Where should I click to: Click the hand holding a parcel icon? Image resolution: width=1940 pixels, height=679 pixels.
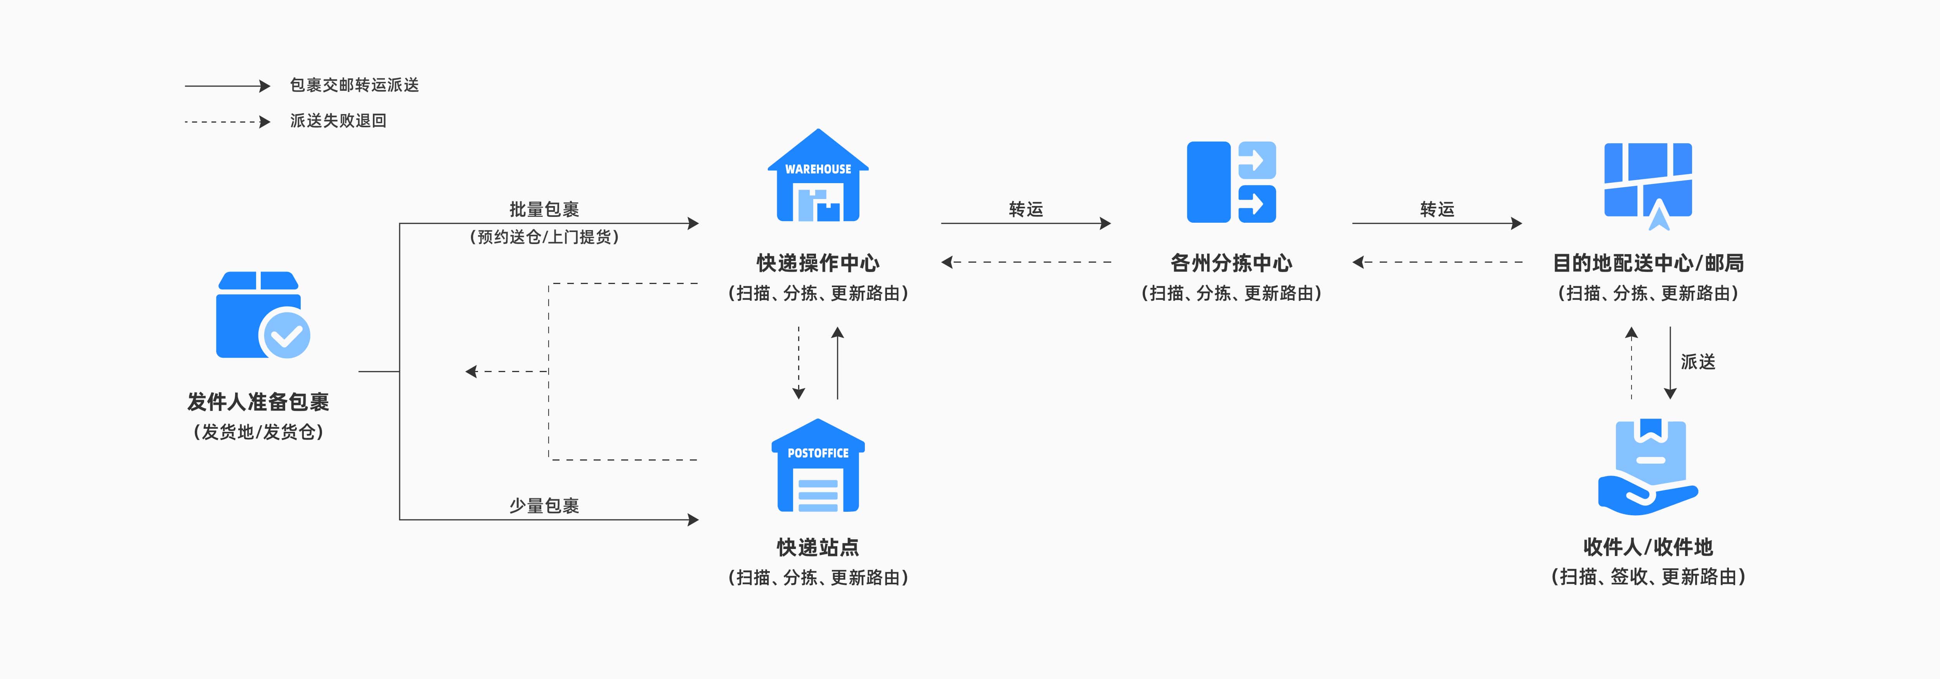click(x=1648, y=468)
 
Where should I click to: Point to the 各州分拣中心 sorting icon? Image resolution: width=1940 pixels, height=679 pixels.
click(x=1232, y=182)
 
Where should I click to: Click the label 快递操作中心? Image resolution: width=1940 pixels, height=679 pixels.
click(x=818, y=263)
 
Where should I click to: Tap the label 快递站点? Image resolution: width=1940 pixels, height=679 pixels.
click(x=818, y=547)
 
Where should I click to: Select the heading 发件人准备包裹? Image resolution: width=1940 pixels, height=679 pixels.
click(x=258, y=402)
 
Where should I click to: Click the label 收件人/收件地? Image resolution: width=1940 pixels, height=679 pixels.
click(x=1648, y=547)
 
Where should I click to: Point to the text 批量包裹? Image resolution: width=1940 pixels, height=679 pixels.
click(x=544, y=209)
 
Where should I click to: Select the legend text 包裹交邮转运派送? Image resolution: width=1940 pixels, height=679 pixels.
click(x=354, y=85)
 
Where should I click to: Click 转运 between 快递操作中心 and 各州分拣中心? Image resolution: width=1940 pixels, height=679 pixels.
click(x=1026, y=209)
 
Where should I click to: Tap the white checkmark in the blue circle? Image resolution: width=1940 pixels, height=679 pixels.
click(x=286, y=335)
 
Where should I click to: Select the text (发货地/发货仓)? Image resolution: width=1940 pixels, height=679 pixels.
click(x=258, y=432)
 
